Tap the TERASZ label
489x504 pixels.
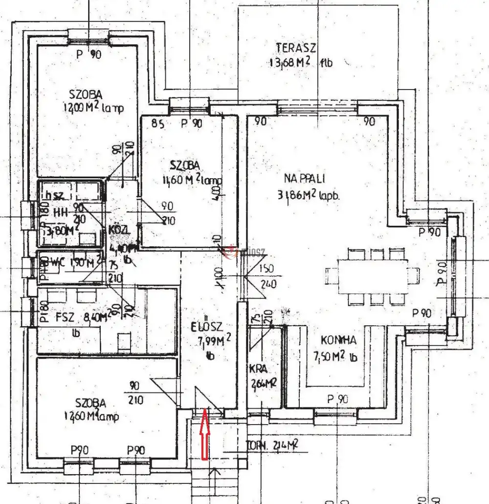pos(296,48)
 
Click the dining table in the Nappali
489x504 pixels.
pos(373,276)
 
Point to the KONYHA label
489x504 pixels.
pos(338,341)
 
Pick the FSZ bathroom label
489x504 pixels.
pos(65,317)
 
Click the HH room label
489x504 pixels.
pos(60,213)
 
